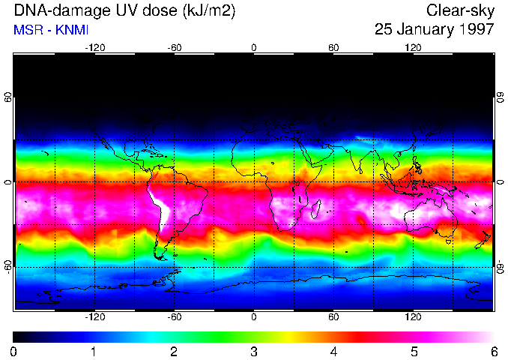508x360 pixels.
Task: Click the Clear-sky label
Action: click(460, 11)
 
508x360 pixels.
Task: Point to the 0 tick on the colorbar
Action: click(13, 351)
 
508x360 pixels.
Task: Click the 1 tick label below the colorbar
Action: click(93, 351)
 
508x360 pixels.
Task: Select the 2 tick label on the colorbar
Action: click(173, 351)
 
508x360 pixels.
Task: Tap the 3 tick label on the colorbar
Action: click(253, 351)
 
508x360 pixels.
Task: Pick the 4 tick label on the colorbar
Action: click(333, 351)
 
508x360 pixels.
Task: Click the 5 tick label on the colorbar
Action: click(414, 351)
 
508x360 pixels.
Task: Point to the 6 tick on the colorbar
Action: click(493, 351)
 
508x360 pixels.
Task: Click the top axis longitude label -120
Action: click(94, 47)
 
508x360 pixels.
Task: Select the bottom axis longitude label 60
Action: click(333, 317)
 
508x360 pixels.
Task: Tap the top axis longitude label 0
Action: click(254, 47)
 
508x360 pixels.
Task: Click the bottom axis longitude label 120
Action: click(413, 317)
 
